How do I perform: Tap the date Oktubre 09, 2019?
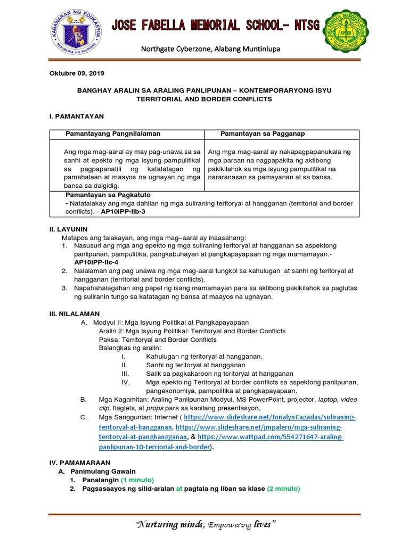77,73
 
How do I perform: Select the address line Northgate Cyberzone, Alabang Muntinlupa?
210,49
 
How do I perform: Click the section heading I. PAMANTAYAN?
76,115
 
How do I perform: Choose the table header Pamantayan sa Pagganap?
263,133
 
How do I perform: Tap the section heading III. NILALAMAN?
75,314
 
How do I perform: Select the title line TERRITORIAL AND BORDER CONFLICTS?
204,99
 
